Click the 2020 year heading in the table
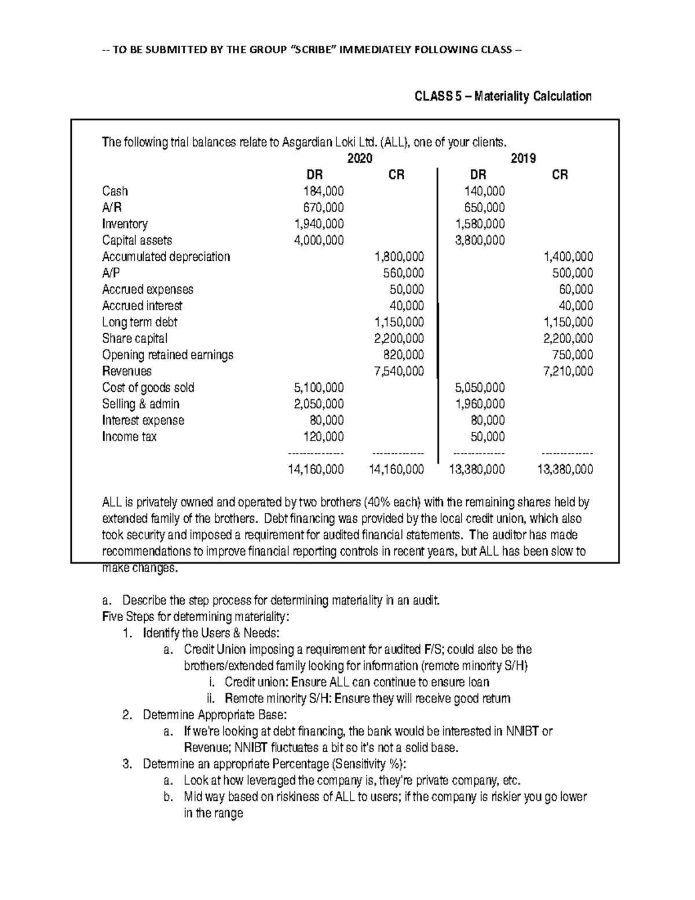click(359, 158)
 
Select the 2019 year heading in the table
click(523, 158)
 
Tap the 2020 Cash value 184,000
click(323, 191)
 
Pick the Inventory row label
click(125, 224)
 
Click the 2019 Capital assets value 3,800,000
click(480, 240)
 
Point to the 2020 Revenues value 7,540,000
click(398, 371)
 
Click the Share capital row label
click(134, 338)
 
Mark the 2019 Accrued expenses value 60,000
click(576, 289)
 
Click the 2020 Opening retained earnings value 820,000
click(403, 355)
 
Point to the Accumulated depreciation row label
click(166, 257)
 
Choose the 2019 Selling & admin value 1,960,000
click(480, 404)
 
